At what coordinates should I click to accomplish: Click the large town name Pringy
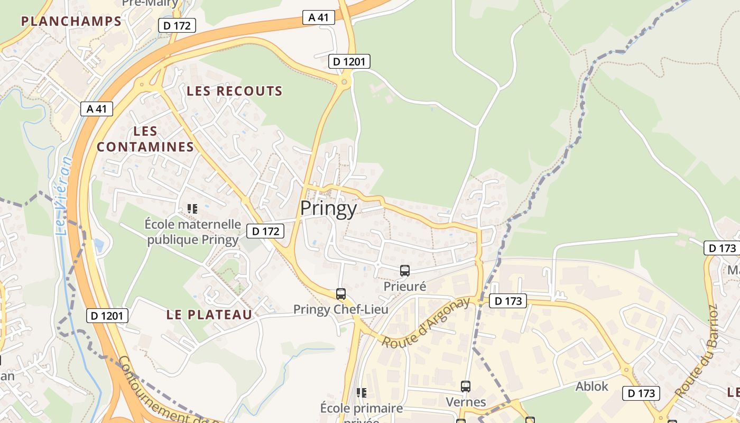(x=328, y=209)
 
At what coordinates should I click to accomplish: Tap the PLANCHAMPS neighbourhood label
(x=71, y=21)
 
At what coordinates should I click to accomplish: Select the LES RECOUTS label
(x=235, y=91)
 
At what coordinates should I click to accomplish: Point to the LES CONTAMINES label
(x=145, y=139)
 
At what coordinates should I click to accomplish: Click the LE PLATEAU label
(x=209, y=315)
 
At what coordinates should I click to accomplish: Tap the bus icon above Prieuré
(x=405, y=271)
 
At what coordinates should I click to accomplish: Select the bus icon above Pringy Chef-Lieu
(x=341, y=294)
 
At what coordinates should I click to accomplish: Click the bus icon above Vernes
(x=465, y=387)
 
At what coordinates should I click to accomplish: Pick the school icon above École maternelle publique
(x=192, y=209)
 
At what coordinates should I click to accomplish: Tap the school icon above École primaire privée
(x=362, y=392)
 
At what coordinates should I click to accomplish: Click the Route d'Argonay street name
(x=425, y=323)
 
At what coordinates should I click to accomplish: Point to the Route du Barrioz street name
(x=697, y=352)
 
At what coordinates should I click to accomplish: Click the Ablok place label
(x=591, y=387)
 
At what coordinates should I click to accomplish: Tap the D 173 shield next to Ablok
(x=641, y=393)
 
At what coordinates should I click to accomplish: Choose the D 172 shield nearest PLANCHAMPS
(x=177, y=25)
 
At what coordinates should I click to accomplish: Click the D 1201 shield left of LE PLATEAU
(x=107, y=316)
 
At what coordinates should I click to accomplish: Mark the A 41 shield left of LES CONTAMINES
(x=97, y=109)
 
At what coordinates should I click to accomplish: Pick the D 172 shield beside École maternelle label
(x=265, y=231)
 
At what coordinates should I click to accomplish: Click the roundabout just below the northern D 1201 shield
(x=345, y=81)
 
